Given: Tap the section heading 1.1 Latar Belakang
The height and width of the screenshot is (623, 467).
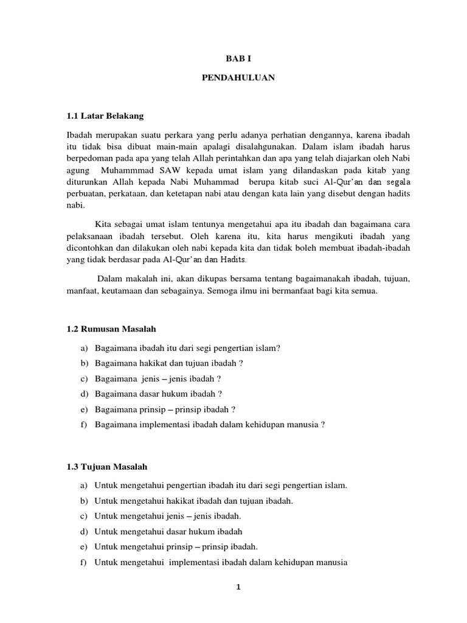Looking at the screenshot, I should click(105, 116).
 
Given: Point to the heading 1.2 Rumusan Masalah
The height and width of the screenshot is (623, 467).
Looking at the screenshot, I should click(111, 329).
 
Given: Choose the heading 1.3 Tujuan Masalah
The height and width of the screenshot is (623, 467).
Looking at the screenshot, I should click(107, 467).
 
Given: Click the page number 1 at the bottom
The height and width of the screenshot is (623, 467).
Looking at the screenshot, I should click(239, 587).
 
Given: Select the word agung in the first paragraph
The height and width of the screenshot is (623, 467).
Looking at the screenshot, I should click(78, 169).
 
